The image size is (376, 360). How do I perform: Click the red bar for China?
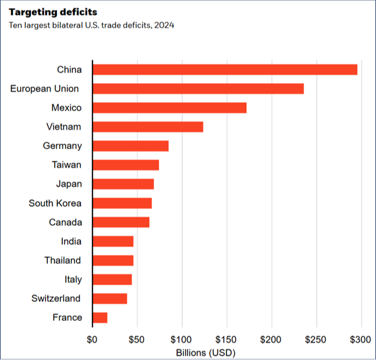(225, 69)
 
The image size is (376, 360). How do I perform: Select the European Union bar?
(198, 88)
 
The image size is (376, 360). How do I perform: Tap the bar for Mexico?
(170, 107)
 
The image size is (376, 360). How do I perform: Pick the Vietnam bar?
(148, 127)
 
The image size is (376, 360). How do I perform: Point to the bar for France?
(100, 318)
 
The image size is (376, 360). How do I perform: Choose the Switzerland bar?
(110, 299)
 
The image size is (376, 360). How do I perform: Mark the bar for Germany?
(131, 146)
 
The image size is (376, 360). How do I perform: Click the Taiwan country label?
(67, 165)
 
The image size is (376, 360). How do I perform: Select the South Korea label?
(55, 203)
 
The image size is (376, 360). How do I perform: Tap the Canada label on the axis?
(65, 222)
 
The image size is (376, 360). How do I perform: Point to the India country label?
(71, 241)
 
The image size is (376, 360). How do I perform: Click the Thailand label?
(63, 260)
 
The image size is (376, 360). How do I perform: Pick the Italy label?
(73, 280)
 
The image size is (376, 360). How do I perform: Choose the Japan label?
(69, 184)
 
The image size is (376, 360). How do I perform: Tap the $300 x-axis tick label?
(362, 339)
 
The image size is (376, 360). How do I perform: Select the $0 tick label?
(92, 339)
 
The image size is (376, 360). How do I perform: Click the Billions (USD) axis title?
(206, 352)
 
